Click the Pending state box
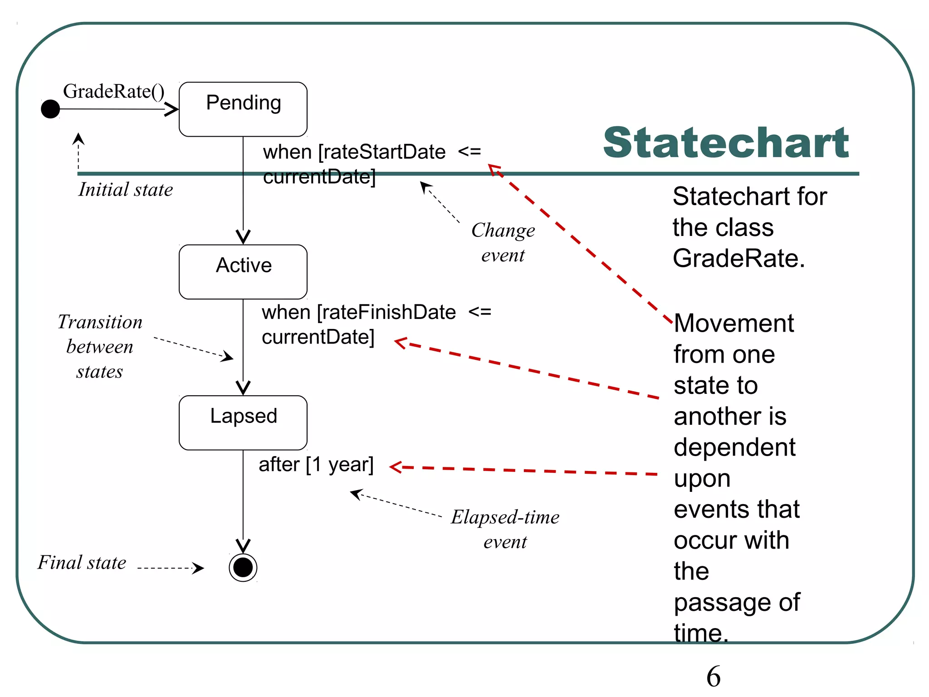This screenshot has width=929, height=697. pyautogui.click(x=243, y=109)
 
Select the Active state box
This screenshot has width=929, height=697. pyautogui.click(x=243, y=271)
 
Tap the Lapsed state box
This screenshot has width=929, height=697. pyautogui.click(x=243, y=422)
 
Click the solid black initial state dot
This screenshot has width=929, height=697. pyautogui.click(x=50, y=109)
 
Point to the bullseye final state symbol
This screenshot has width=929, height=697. pyautogui.click(x=243, y=567)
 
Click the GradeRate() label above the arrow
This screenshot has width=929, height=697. pyautogui.click(x=113, y=91)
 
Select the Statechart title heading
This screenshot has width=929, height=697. pyautogui.click(x=726, y=143)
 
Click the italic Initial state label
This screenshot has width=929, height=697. pyautogui.click(x=126, y=190)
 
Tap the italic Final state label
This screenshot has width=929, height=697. pyautogui.click(x=82, y=563)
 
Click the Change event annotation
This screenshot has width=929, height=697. pyautogui.click(x=503, y=243)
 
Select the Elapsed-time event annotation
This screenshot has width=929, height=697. pyautogui.click(x=505, y=529)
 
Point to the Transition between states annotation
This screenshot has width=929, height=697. pyautogui.click(x=100, y=347)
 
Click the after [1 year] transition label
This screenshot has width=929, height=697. pyautogui.click(x=316, y=465)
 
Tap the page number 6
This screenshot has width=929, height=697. pyautogui.click(x=713, y=676)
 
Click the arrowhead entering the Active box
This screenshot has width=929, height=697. pyautogui.click(x=243, y=237)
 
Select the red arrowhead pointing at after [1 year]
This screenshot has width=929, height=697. pyautogui.click(x=396, y=467)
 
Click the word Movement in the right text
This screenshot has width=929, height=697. pyautogui.click(x=734, y=324)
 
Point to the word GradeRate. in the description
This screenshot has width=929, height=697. pyautogui.click(x=738, y=259)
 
